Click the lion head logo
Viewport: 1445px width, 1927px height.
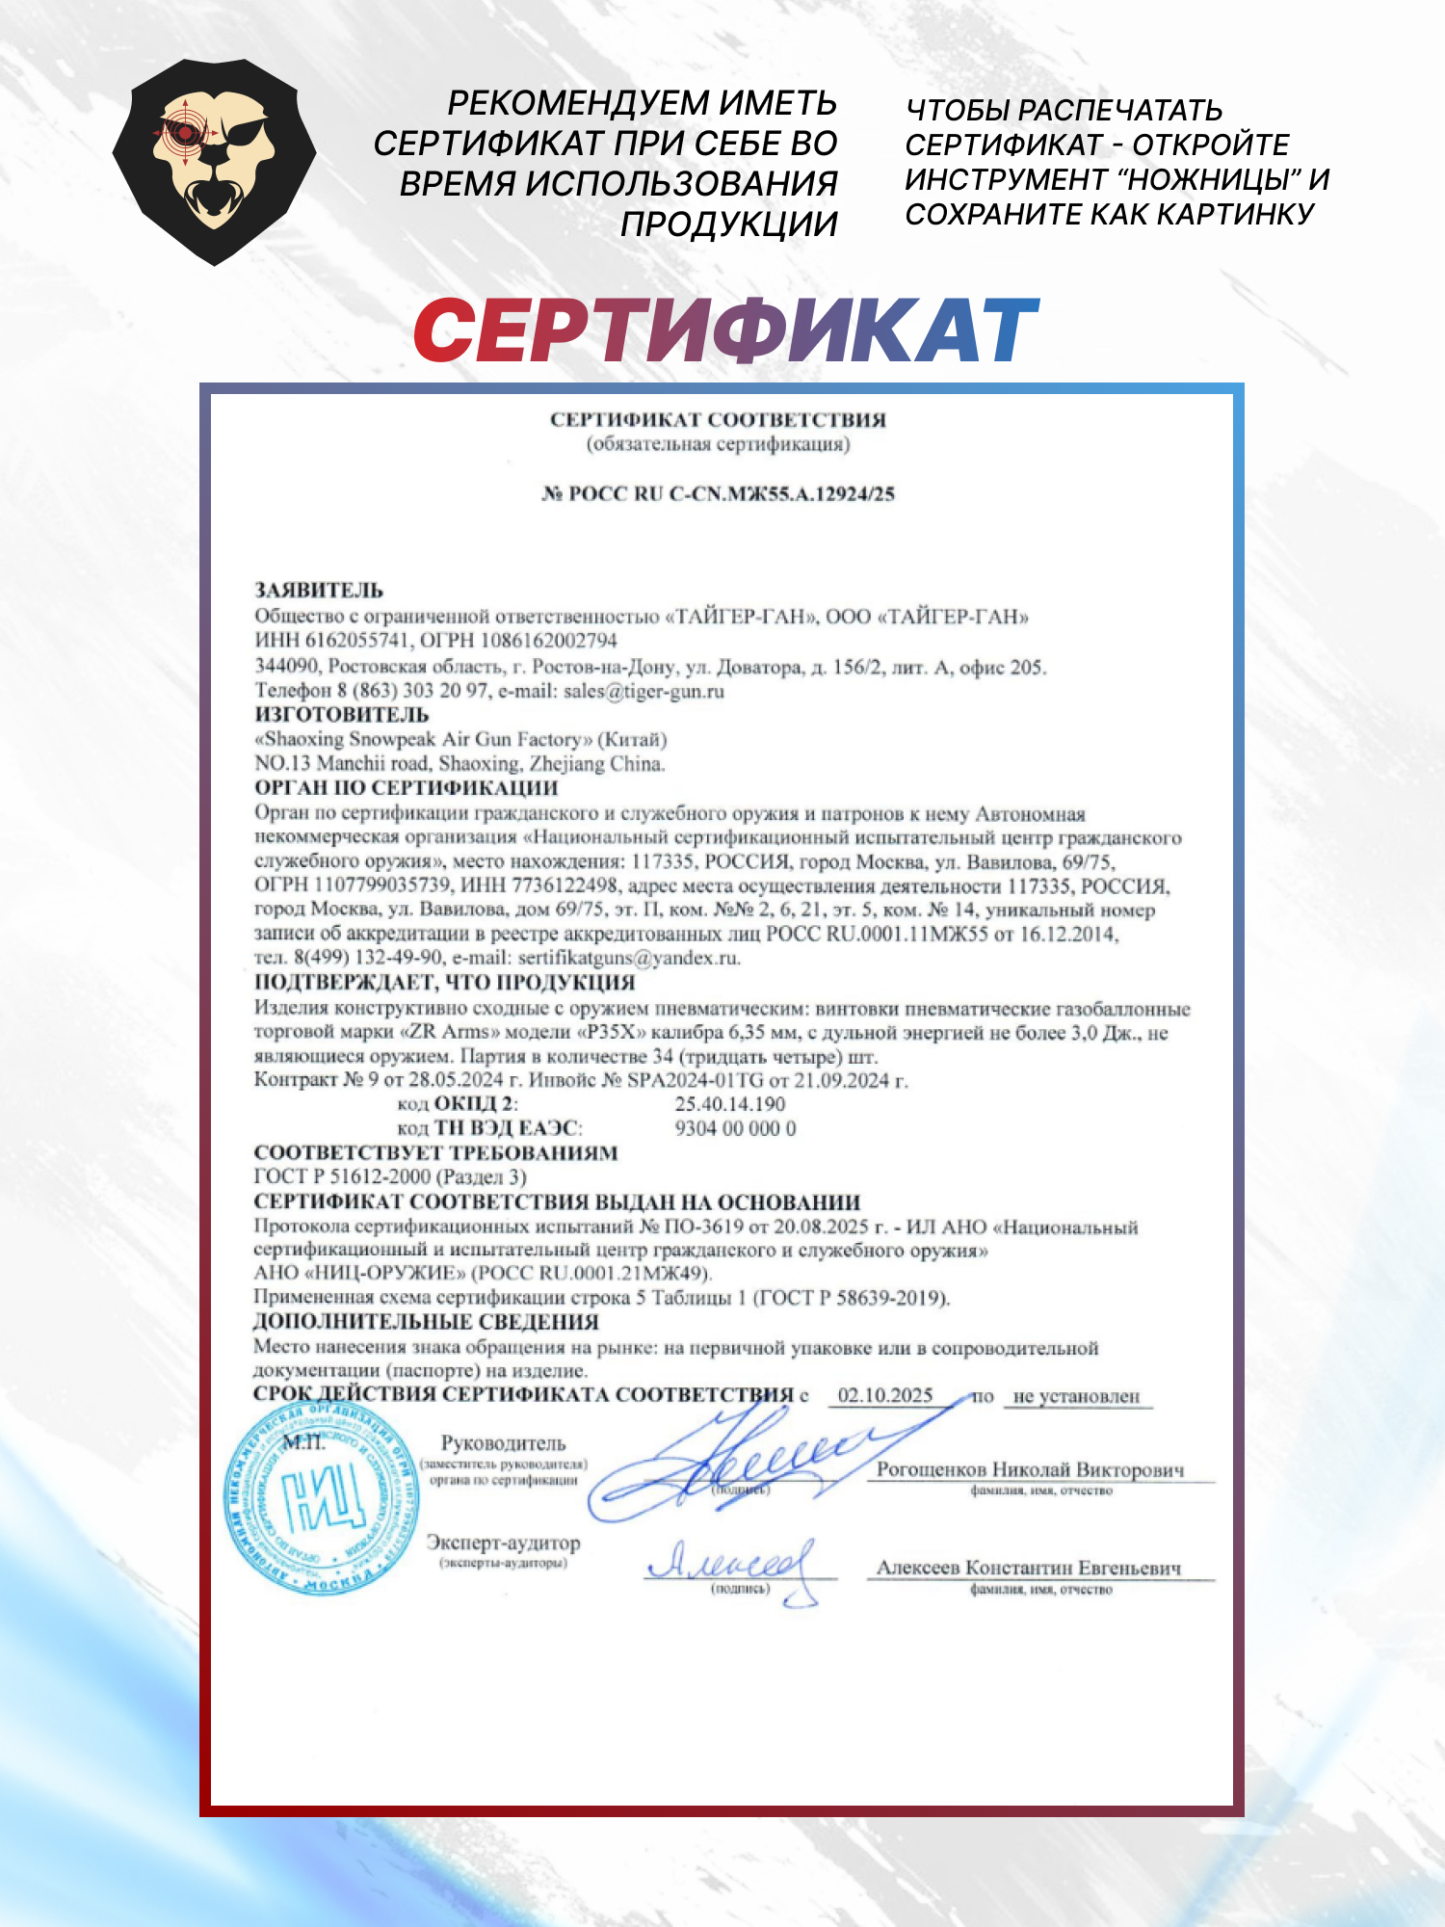pos(214,161)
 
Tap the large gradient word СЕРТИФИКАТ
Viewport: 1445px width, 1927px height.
pos(725,330)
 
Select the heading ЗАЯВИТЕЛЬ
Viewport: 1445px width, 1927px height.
pos(319,591)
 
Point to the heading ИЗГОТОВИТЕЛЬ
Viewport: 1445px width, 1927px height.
pos(342,715)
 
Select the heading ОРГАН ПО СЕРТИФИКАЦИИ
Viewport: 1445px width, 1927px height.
pos(407,788)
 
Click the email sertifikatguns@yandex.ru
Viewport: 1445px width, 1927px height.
pos(628,958)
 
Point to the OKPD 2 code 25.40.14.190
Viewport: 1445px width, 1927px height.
pos(730,1104)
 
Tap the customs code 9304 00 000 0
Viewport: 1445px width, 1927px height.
pos(735,1128)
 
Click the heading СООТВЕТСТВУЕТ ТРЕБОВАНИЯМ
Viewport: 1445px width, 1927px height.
pos(435,1153)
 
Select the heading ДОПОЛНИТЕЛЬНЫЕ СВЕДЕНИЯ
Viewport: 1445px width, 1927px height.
pos(426,1322)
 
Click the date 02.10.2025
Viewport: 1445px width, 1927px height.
pos(885,1395)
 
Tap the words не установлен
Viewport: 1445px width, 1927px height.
pos(1076,1396)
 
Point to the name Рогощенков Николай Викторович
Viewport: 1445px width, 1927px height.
pos(1030,1470)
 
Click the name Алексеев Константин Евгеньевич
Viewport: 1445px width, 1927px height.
pos(1028,1569)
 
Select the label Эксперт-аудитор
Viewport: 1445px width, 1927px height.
pos(504,1543)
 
